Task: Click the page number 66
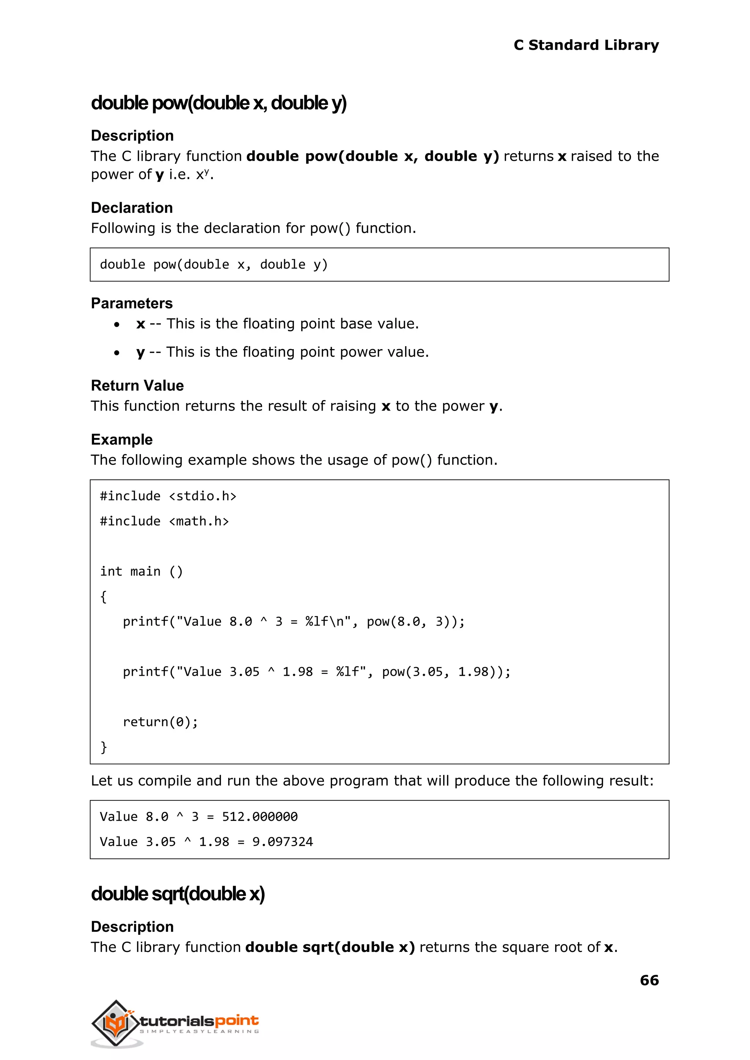pyautogui.click(x=649, y=980)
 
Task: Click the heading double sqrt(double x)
pyautogui.click(x=178, y=894)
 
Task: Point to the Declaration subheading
pyautogui.click(x=131, y=208)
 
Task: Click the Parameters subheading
pyautogui.click(x=131, y=303)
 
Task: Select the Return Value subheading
pyautogui.click(x=137, y=386)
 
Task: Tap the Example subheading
pyautogui.click(x=122, y=440)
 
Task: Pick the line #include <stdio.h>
pyautogui.click(x=168, y=496)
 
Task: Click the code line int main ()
pyautogui.click(x=141, y=571)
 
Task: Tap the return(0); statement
pyautogui.click(x=160, y=722)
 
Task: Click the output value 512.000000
pyautogui.click(x=260, y=816)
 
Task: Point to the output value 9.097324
pyautogui.click(x=282, y=842)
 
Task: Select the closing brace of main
pyautogui.click(x=103, y=747)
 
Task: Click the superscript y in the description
pyautogui.click(x=207, y=171)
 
